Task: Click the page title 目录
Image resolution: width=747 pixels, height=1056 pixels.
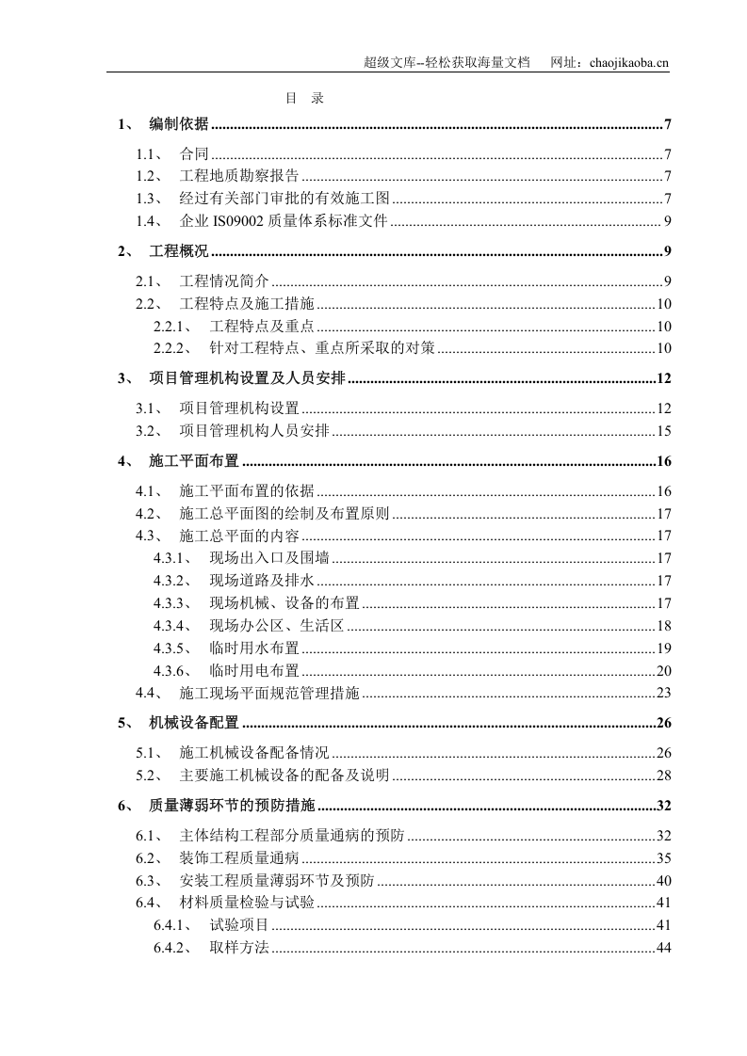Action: click(x=304, y=98)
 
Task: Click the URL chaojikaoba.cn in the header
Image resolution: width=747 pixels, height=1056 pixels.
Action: click(x=627, y=63)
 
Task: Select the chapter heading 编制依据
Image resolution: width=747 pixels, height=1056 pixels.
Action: click(x=179, y=125)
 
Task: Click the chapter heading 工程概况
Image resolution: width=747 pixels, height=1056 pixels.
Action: click(x=179, y=251)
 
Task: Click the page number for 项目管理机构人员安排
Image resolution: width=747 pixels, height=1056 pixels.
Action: click(x=663, y=432)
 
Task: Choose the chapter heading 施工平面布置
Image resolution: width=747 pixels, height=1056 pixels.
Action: click(x=194, y=462)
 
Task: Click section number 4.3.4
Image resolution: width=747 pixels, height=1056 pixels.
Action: click(x=173, y=626)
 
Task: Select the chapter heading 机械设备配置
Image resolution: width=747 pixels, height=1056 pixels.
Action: click(x=194, y=724)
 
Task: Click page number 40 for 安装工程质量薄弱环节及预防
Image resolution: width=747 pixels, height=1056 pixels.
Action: click(x=663, y=881)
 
